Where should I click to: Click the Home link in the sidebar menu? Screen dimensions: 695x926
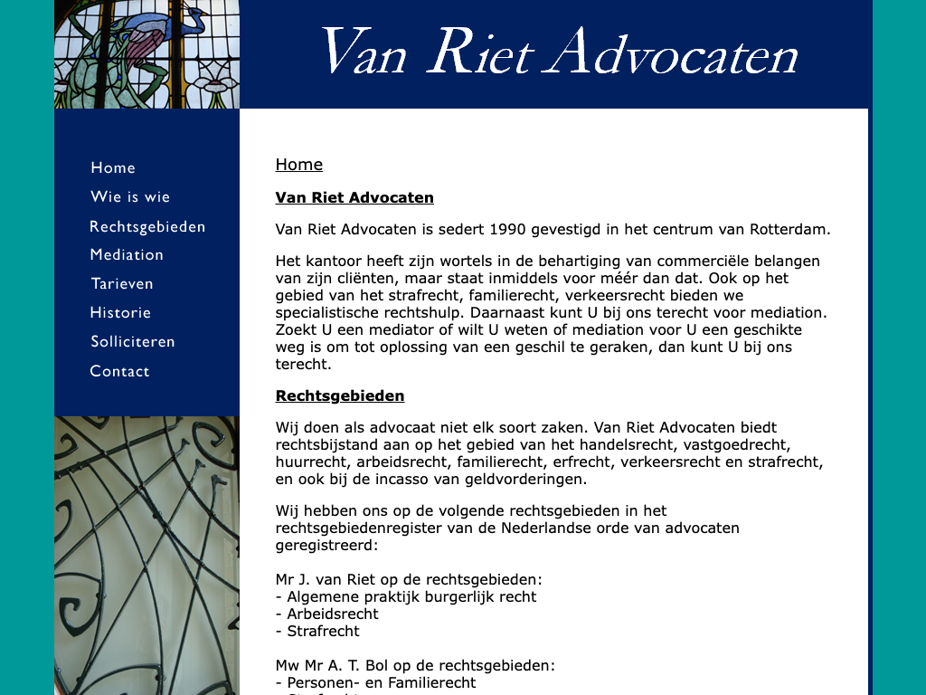[x=113, y=168]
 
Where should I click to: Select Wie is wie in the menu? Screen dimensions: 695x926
[x=130, y=197]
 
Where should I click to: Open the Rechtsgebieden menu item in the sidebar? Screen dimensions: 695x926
[x=147, y=226]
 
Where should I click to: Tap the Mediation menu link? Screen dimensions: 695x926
[x=127, y=255]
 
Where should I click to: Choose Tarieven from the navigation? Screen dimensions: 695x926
[x=122, y=284]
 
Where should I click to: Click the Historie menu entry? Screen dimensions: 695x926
[x=120, y=313]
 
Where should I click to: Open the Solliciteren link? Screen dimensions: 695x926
[x=133, y=342]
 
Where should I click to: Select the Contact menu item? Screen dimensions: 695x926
[x=119, y=371]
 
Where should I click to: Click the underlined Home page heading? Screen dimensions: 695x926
[x=299, y=165]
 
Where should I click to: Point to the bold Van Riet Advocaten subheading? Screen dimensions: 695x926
[x=354, y=198]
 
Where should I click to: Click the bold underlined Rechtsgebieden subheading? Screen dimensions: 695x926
[x=340, y=396]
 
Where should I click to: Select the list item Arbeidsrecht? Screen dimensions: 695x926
[x=327, y=614]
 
